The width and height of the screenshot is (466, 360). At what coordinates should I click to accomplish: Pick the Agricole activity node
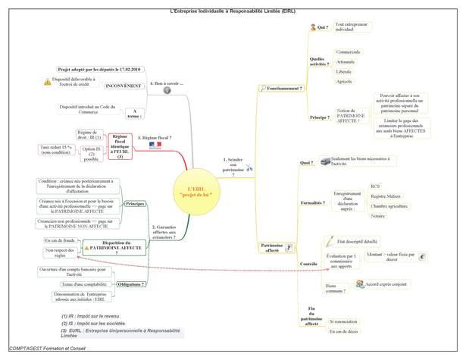point(345,81)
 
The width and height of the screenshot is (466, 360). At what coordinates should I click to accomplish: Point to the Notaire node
point(378,216)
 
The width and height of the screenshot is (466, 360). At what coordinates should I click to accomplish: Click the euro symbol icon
point(423,257)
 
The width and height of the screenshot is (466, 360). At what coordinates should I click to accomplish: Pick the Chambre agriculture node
point(389,205)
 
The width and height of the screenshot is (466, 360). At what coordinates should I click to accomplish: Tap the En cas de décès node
point(346,331)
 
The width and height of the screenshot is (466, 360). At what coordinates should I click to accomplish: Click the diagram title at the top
point(233,4)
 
